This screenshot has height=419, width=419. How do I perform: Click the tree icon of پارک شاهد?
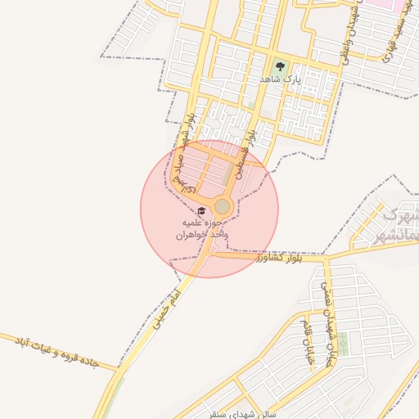[x=281, y=66]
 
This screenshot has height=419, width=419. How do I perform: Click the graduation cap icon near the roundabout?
[x=201, y=211]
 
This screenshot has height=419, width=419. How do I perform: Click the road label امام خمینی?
[x=164, y=304]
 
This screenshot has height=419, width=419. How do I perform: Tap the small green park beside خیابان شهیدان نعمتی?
[x=343, y=344]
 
